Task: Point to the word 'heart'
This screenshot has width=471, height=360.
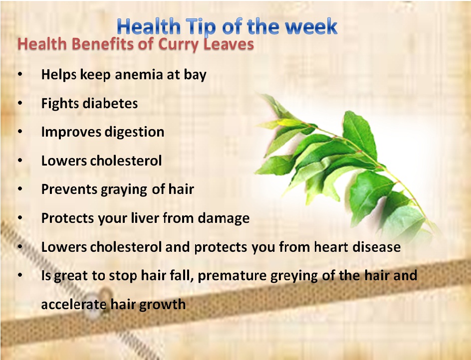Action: (331, 247)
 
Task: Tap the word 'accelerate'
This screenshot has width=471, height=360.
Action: (74, 304)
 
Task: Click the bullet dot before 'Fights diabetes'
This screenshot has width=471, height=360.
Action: (20, 103)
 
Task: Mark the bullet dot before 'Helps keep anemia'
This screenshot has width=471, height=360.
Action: (20, 74)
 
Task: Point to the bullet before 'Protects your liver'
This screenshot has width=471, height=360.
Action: (20, 218)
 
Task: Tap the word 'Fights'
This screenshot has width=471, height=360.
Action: (60, 104)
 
